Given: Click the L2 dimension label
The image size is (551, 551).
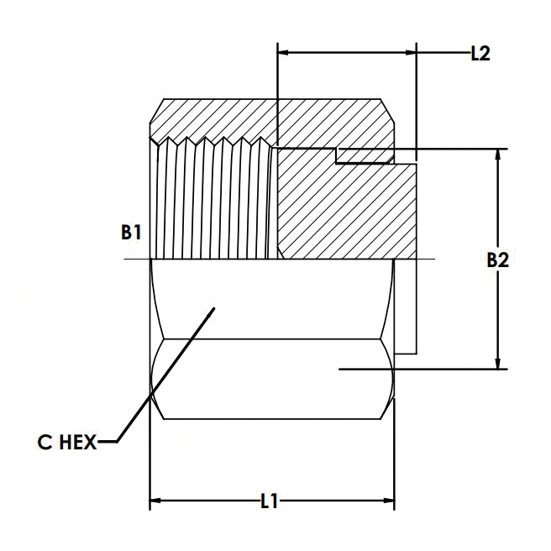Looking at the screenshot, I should click(x=480, y=54).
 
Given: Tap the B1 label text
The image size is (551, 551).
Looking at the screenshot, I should click(x=130, y=233).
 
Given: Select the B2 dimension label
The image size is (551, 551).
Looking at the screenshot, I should click(x=498, y=260).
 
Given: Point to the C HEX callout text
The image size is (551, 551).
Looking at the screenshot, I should click(x=67, y=441).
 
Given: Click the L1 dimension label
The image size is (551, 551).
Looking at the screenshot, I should click(x=269, y=502).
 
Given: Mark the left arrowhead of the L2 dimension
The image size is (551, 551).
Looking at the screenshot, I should click(x=283, y=54).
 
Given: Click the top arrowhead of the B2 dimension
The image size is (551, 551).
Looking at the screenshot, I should click(x=500, y=156).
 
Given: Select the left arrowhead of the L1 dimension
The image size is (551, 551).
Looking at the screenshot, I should click(x=155, y=502).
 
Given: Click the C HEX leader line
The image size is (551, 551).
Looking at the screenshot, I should click(x=160, y=378).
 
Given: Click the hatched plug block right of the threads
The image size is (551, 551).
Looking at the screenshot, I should click(x=344, y=210).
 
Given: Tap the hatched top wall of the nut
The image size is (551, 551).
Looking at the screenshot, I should click(x=269, y=116).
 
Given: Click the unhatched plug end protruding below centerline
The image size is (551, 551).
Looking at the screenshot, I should click(x=405, y=307).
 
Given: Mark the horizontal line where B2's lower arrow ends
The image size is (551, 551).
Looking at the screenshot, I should click(x=420, y=368).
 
